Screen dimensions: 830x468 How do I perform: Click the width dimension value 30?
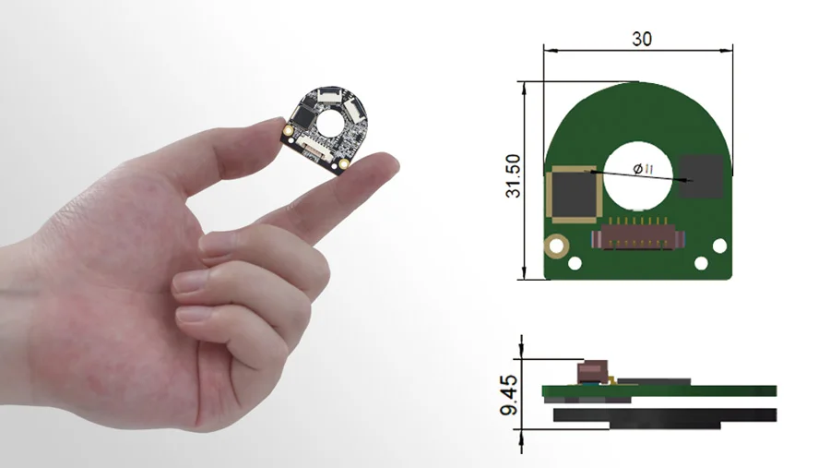click(x=642, y=39)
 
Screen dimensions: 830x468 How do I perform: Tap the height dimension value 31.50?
click(x=513, y=176)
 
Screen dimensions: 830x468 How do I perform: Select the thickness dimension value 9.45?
click(x=509, y=395)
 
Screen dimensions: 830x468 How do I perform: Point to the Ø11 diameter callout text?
click(x=643, y=169)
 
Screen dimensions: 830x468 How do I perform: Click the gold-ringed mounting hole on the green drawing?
click(x=556, y=246)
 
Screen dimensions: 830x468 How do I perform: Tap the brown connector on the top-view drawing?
click(x=638, y=237)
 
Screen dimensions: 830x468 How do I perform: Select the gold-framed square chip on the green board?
click(x=574, y=194)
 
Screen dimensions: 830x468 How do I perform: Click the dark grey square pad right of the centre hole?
click(x=701, y=176)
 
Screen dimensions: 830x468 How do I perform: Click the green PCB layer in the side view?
click(x=659, y=391)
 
